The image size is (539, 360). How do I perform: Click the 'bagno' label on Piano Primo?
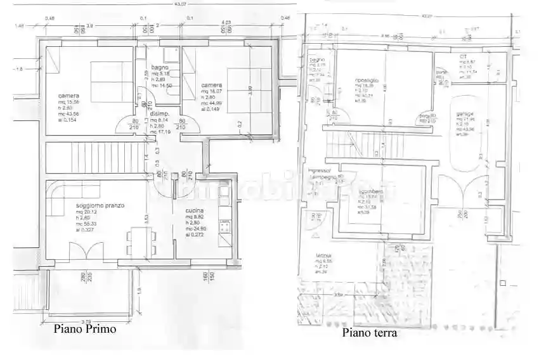click(159, 68)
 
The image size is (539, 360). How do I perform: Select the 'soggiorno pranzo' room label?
click(100, 206)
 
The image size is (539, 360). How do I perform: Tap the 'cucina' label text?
click(194, 210)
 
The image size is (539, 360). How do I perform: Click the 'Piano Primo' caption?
click(84, 329)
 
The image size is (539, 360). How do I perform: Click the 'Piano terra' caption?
click(370, 333)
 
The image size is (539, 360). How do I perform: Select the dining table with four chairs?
click(141, 241)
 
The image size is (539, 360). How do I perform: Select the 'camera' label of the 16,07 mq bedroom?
click(211, 85)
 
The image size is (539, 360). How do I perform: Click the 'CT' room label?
click(463, 56)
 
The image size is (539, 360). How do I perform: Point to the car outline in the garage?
click(465, 136)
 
